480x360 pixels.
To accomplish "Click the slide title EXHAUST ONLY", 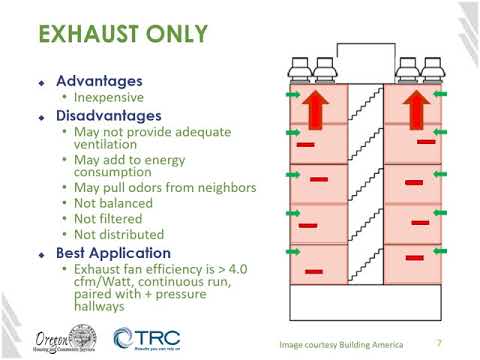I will (122, 38).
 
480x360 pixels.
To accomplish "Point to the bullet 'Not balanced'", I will (113, 202).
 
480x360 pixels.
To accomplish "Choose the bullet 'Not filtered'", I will (110, 218).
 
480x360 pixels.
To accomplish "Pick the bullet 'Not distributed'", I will (120, 234).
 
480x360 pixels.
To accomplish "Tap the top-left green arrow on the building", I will (293, 96).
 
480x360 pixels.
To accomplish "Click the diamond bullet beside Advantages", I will (42, 82).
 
